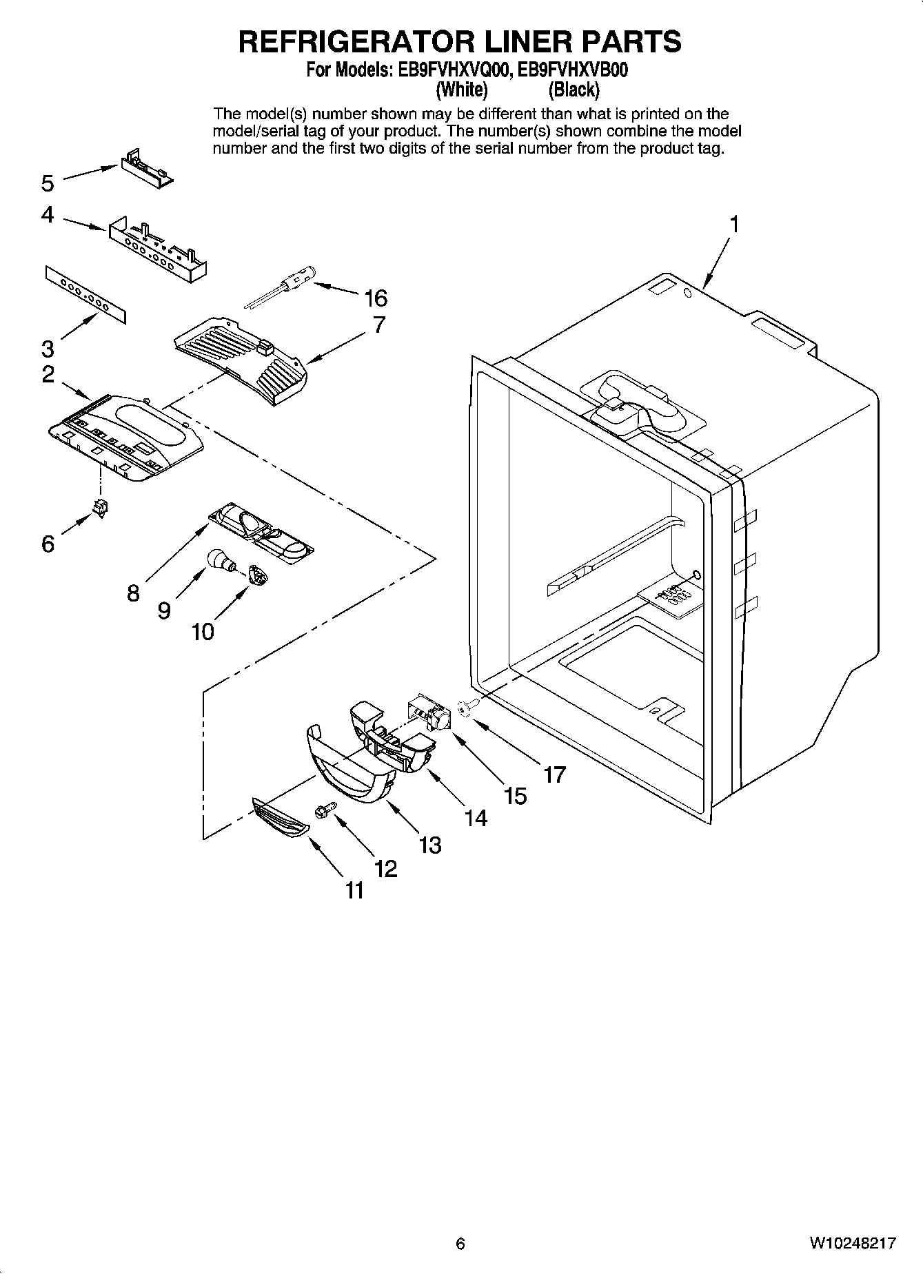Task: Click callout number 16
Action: (376, 298)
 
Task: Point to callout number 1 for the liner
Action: (734, 225)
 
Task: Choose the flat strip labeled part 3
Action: (87, 294)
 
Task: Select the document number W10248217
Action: (853, 1243)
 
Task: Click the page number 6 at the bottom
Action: (460, 1243)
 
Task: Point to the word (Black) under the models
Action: (574, 90)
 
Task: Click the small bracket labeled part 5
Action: (147, 169)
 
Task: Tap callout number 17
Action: (554, 774)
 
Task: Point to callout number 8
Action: (133, 593)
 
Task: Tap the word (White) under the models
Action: (462, 90)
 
